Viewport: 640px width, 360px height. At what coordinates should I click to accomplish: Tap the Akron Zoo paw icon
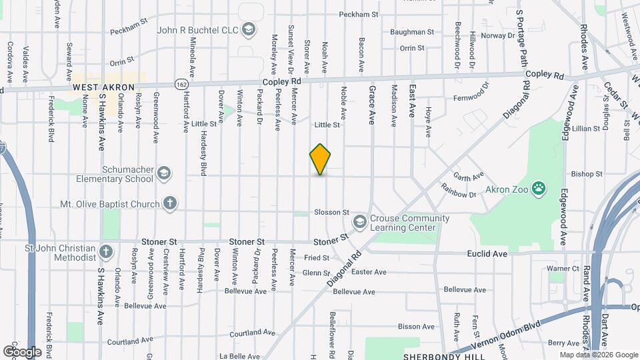(x=539, y=189)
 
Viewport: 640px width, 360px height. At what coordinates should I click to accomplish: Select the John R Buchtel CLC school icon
(x=249, y=29)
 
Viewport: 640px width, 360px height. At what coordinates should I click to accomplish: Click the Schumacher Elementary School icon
(x=163, y=175)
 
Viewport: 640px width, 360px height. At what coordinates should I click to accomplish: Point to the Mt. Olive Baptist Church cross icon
(x=170, y=204)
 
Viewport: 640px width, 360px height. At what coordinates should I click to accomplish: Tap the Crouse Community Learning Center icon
(x=360, y=221)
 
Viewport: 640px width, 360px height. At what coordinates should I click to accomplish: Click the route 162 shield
(x=181, y=84)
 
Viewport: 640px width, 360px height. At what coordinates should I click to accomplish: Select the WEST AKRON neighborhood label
(x=104, y=87)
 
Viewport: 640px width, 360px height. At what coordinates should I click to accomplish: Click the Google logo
(x=22, y=351)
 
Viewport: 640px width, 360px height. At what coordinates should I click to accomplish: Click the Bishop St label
(x=587, y=174)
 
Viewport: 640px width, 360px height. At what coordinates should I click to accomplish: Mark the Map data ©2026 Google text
(x=598, y=355)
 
